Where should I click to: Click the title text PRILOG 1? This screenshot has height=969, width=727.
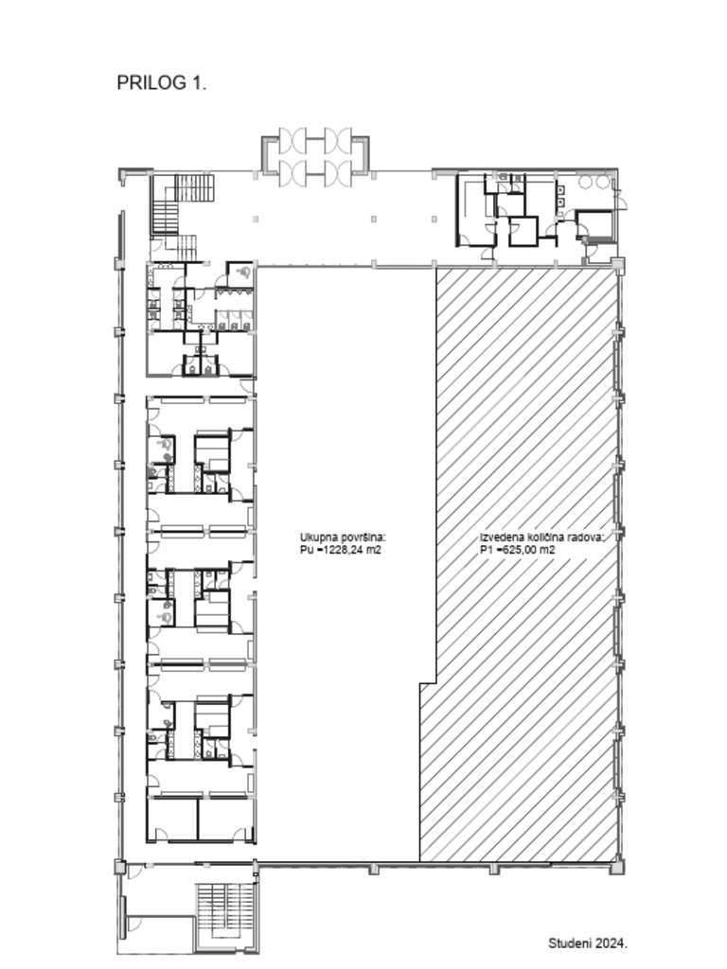tap(161, 83)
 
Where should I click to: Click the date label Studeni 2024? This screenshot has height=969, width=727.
tap(588, 943)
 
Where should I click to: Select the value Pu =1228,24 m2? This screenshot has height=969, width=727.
tap(341, 550)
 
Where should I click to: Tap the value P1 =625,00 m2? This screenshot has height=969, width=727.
tap(518, 550)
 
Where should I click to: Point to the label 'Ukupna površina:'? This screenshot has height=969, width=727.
tap(343, 537)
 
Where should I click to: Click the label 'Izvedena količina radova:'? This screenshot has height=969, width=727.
tap(541, 537)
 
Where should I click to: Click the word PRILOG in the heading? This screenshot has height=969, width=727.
tap(152, 83)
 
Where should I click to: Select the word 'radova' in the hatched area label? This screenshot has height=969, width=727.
tap(585, 537)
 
